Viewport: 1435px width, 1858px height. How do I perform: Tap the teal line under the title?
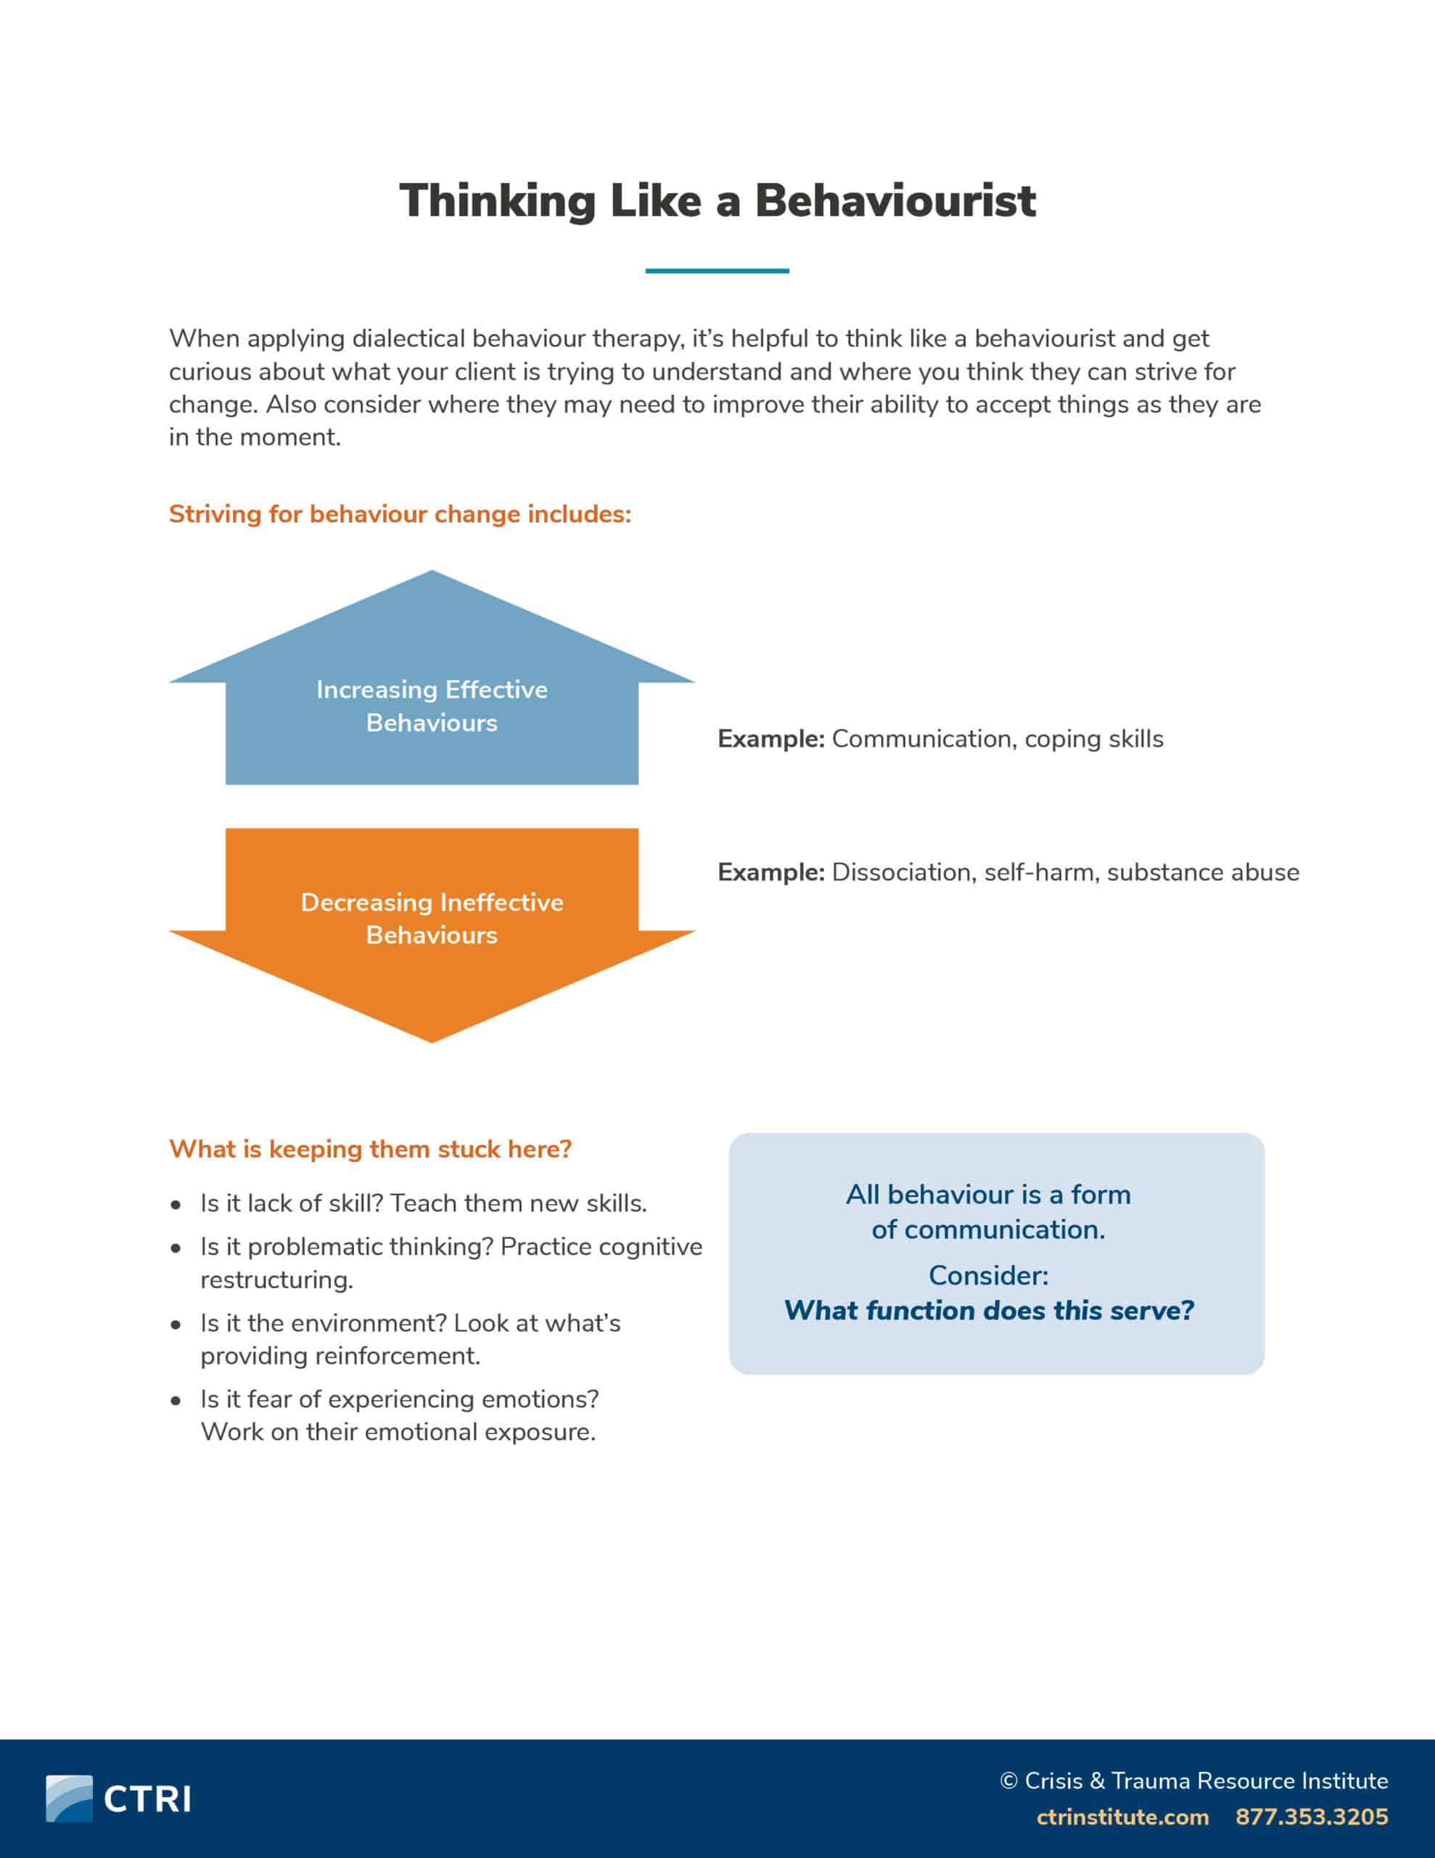point(716,271)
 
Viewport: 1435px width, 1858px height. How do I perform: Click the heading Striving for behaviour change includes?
point(400,515)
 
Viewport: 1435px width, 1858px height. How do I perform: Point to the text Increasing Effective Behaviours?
point(432,706)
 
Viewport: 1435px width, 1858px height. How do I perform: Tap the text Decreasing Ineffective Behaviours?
point(432,919)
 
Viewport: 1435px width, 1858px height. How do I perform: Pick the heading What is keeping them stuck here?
point(370,1150)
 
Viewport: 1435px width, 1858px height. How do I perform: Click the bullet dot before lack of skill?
point(176,1206)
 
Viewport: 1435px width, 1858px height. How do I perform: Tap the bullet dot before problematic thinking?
point(176,1249)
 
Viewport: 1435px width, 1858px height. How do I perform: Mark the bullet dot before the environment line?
point(176,1325)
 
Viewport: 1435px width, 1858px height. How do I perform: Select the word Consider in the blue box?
point(988,1275)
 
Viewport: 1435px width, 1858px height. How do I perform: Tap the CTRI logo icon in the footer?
point(69,1798)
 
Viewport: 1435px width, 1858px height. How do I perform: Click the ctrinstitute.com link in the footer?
point(1122,1817)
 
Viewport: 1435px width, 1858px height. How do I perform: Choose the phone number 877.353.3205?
point(1312,1817)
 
